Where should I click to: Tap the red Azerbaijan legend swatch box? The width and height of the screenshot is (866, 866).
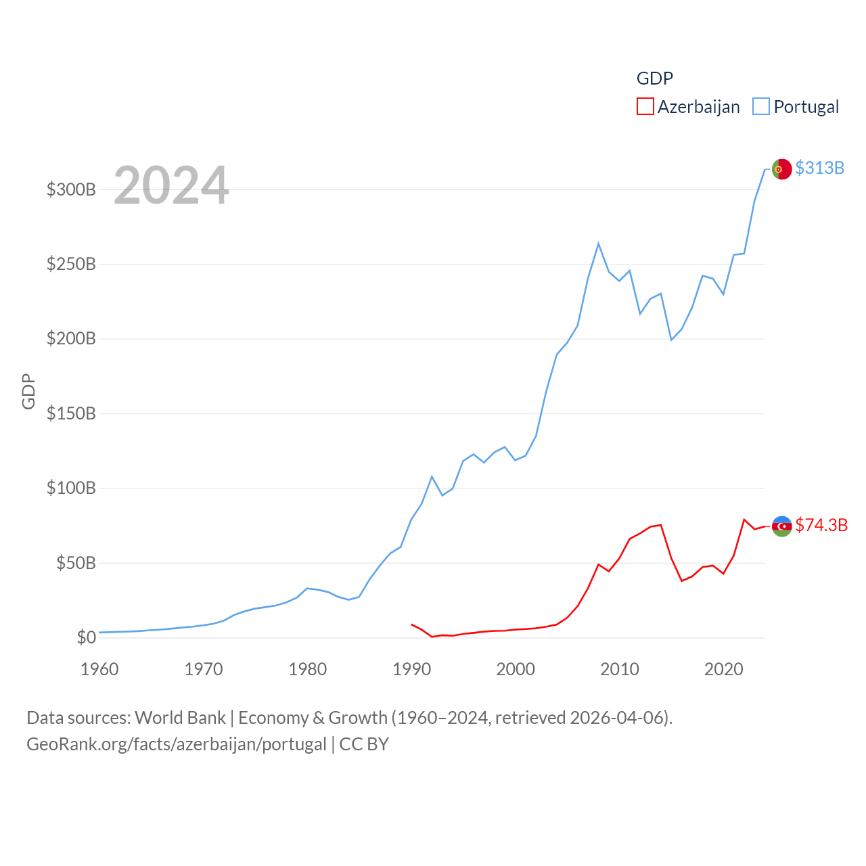coord(645,107)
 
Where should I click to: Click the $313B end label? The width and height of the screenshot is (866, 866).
coord(819,168)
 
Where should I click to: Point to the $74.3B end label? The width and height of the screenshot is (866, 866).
coord(821,525)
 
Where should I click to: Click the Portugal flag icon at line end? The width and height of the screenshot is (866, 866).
coord(781,169)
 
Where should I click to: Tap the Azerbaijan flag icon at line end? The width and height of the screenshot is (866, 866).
coord(781,526)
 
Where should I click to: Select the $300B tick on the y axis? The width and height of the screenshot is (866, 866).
coord(71,189)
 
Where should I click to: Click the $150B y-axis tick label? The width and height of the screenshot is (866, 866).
coord(71,413)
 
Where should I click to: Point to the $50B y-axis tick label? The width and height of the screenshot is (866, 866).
coord(76,563)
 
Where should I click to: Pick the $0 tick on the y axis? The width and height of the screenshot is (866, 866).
coord(86,637)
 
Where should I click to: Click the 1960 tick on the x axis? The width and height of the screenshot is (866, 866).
coord(99,669)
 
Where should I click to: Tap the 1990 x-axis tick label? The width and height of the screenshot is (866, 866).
coord(411,669)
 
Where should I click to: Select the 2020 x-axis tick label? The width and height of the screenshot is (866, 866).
coord(723,669)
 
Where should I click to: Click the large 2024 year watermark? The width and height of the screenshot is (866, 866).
coord(171,185)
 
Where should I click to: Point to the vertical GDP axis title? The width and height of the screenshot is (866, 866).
coord(28,391)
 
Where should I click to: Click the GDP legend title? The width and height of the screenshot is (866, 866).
coord(654,78)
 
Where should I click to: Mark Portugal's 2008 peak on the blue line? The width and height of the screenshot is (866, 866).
coord(599,244)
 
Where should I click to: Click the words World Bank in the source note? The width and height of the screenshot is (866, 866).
coord(180,717)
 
